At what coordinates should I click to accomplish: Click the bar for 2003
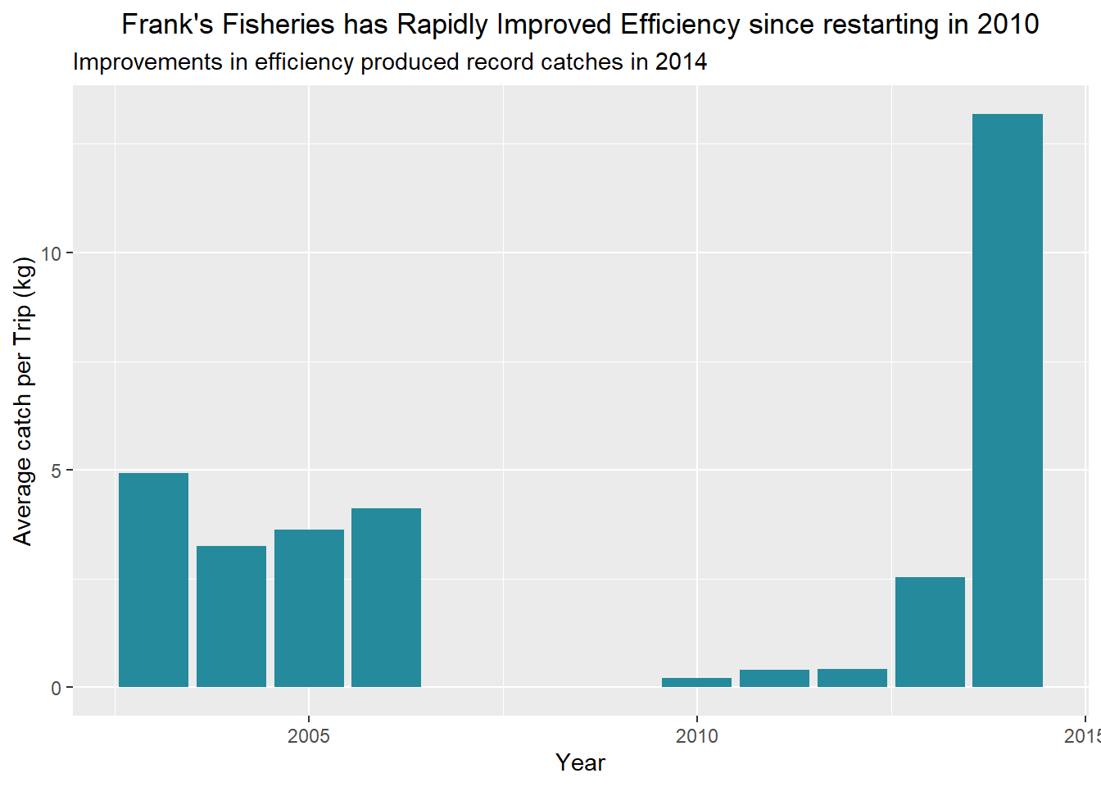pyautogui.click(x=153, y=580)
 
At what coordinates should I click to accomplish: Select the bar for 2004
pyautogui.click(x=231, y=616)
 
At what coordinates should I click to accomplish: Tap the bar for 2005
pyautogui.click(x=309, y=608)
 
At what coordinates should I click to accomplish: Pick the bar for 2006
pyautogui.click(x=386, y=598)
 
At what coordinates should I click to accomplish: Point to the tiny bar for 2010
pyautogui.click(x=696, y=682)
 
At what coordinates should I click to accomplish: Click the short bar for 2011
pyautogui.click(x=774, y=679)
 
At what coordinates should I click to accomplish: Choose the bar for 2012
pyautogui.click(x=852, y=678)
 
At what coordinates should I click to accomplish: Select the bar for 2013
pyautogui.click(x=930, y=632)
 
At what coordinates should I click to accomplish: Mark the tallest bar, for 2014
pyautogui.click(x=1007, y=400)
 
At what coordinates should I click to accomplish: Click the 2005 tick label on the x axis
pyautogui.click(x=309, y=735)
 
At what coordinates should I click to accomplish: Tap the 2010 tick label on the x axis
pyautogui.click(x=697, y=735)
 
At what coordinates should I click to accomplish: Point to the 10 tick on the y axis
pyautogui.click(x=52, y=253)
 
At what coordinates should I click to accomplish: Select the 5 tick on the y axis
pyautogui.click(x=56, y=471)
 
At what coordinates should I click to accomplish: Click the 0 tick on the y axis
pyautogui.click(x=56, y=688)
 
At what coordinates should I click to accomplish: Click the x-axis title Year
pyautogui.click(x=580, y=762)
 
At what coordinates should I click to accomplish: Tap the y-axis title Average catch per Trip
pyautogui.click(x=23, y=401)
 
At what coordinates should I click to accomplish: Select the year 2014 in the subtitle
pyautogui.click(x=681, y=62)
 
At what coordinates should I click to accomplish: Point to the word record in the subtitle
pyautogui.click(x=500, y=62)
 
